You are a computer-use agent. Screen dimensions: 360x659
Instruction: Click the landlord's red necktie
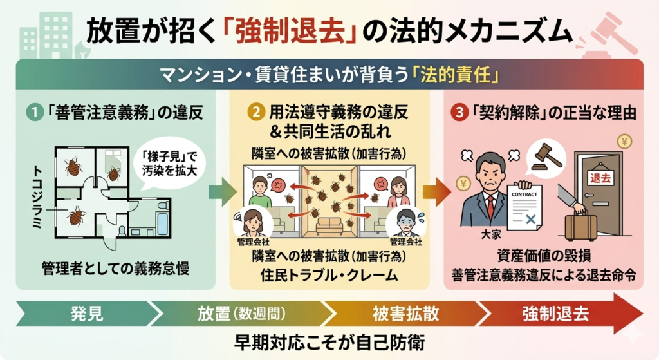point(490,207)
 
